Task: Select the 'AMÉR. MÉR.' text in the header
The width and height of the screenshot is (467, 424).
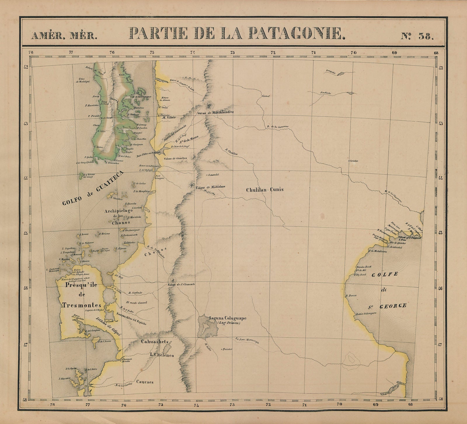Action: (x=64, y=36)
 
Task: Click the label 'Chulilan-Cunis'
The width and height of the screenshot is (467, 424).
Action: (x=265, y=190)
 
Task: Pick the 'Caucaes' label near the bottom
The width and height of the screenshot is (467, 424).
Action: (x=145, y=382)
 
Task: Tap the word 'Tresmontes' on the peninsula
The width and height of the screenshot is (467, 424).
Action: (x=82, y=305)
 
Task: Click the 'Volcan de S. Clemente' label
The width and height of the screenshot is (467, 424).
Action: (x=181, y=284)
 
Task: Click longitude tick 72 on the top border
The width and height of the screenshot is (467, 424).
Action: (x=273, y=53)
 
